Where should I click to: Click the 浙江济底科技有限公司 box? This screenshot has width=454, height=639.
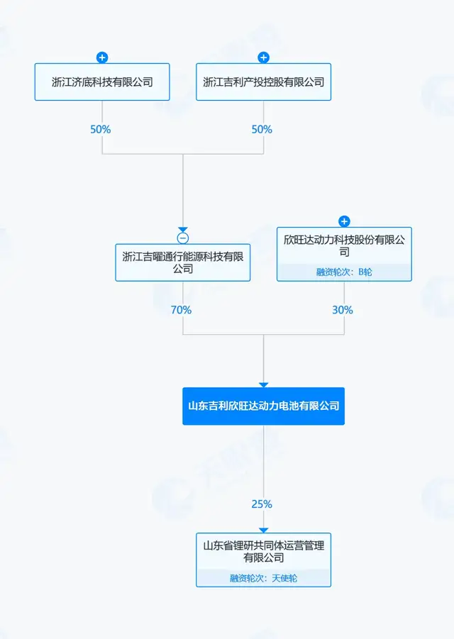tap(102, 82)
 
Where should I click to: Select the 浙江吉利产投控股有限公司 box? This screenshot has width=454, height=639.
tap(263, 82)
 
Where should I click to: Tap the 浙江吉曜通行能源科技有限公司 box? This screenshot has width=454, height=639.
tap(183, 262)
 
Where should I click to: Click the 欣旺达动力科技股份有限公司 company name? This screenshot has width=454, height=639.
tap(344, 246)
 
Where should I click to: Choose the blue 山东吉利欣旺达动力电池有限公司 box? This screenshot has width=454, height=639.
tap(263, 406)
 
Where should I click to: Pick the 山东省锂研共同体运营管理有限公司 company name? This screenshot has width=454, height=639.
tap(263, 552)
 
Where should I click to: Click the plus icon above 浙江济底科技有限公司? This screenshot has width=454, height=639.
tap(102, 57)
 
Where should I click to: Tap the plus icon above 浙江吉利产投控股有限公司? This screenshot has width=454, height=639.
tap(263, 57)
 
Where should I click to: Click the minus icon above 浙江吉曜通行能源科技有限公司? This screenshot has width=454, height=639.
tap(183, 238)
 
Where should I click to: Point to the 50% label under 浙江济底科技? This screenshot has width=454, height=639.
tap(101, 130)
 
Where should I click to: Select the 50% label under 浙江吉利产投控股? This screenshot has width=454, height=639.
tap(262, 130)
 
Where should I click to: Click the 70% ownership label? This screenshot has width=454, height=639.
tap(181, 310)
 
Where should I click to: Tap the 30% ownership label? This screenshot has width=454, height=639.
tap(343, 310)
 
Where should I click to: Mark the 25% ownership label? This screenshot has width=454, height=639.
tap(262, 504)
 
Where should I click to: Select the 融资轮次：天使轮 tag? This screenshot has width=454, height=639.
tap(263, 578)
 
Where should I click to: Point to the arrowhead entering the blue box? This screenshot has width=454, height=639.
tap(263, 384)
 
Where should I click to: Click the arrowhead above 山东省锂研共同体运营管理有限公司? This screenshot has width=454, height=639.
tap(263, 530)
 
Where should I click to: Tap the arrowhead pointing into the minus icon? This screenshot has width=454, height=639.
tap(183, 229)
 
